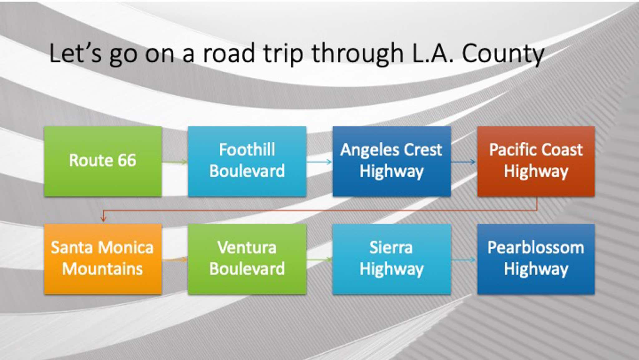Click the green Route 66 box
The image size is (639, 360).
pos(103,161)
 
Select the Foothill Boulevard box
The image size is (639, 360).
pos(247,161)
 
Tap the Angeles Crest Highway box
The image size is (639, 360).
pos(392,161)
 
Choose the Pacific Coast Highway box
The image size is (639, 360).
pos(536,161)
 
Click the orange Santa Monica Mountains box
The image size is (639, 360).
pos(103,259)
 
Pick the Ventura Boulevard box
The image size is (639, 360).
pos(247,259)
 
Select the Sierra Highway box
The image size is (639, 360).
pos(392,259)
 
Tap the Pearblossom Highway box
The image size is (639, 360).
pos(536,259)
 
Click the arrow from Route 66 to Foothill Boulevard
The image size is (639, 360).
pos(175,162)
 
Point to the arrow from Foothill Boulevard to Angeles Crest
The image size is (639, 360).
pos(319,162)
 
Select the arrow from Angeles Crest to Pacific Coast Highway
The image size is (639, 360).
pos(464,162)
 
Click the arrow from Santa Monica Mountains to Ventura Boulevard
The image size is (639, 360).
pos(175,259)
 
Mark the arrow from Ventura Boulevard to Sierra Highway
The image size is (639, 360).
pos(319,259)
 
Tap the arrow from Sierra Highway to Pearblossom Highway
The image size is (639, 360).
pos(464,259)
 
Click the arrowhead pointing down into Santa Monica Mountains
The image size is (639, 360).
pos(103,219)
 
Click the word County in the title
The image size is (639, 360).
pos(503,54)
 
